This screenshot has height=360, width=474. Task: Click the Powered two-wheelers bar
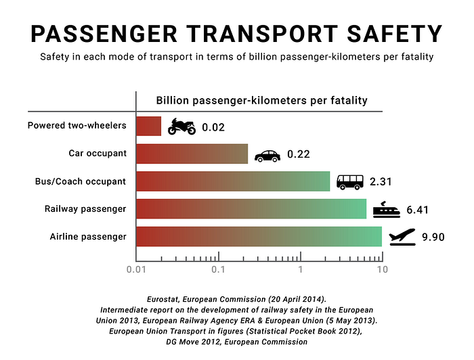pyautogui.click(x=148, y=126)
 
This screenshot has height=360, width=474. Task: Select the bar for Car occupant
pyautogui.click(x=192, y=154)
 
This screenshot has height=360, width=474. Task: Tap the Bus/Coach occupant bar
pyautogui.click(x=233, y=181)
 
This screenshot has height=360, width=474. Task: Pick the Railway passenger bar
pyautogui.click(x=251, y=208)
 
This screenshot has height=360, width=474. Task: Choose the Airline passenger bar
pyautogui.click(x=259, y=236)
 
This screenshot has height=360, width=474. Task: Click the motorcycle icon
pyautogui.click(x=181, y=127)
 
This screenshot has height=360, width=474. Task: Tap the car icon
pyautogui.click(x=267, y=156)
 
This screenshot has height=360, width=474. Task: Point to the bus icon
pyautogui.click(x=350, y=182)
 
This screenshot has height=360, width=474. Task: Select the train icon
pyautogui.click(x=387, y=210)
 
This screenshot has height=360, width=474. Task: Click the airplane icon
pyautogui.click(x=402, y=237)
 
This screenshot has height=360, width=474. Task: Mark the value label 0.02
pyautogui.click(x=213, y=127)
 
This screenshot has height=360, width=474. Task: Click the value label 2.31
pyautogui.click(x=381, y=182)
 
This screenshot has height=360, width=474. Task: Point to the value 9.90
pyautogui.click(x=433, y=237)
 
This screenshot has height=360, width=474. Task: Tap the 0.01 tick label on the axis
pyautogui.click(x=136, y=269)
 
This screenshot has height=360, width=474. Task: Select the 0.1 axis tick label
pyautogui.click(x=218, y=269)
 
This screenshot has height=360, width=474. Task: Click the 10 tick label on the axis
pyautogui.click(x=383, y=269)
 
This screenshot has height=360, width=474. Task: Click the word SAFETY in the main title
pyautogui.click(x=395, y=34)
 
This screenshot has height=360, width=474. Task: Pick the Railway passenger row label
pyautogui.click(x=85, y=209)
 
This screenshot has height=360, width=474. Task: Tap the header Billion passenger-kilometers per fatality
pyautogui.click(x=262, y=101)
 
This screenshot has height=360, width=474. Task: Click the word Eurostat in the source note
pyautogui.click(x=163, y=299)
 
